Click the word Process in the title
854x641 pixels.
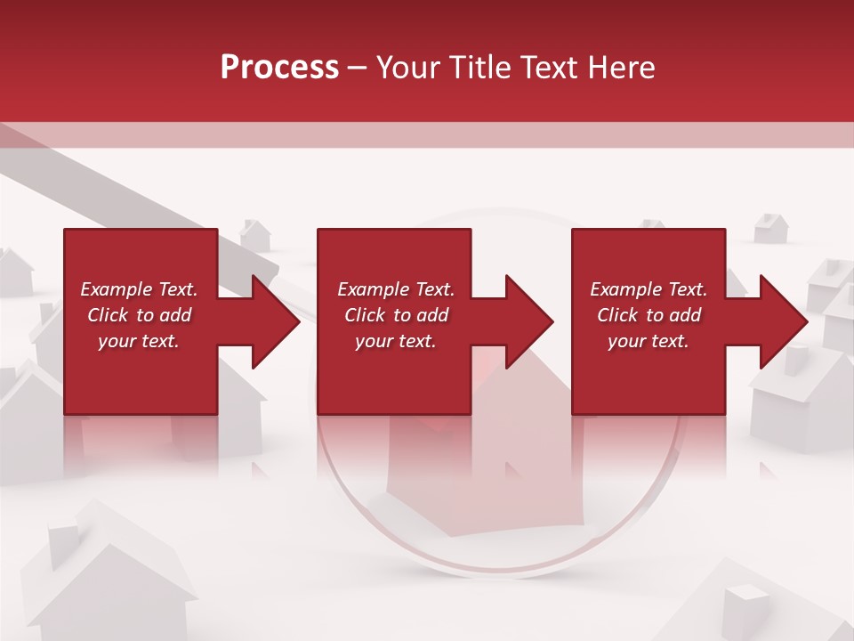279,68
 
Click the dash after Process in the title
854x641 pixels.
357,69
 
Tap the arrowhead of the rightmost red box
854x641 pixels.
782,321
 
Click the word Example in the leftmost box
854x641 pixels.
117,289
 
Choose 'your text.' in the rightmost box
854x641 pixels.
649,341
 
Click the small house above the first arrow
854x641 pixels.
255,235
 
